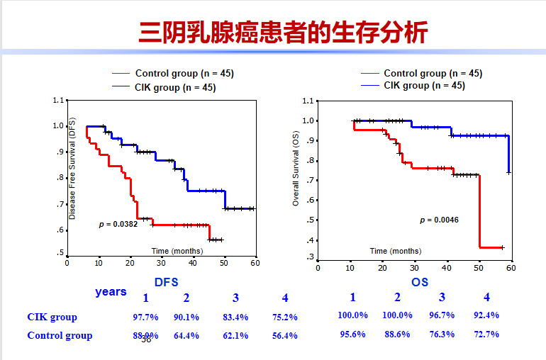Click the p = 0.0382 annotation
coord(118,224)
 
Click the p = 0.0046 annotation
coord(439,220)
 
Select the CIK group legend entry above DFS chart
coord(174,87)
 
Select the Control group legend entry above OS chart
coord(433,73)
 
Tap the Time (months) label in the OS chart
coord(395,251)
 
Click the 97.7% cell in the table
coord(145,317)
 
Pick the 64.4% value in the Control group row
coord(186,336)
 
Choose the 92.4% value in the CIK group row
coord(486,315)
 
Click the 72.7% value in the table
coord(486,334)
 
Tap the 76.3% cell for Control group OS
coord(442,334)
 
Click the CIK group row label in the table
coord(52,317)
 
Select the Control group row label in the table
coord(60,336)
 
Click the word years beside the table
coord(111,292)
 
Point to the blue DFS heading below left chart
coord(166,282)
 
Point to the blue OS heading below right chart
coord(420,282)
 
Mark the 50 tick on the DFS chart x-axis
coord(224,262)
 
